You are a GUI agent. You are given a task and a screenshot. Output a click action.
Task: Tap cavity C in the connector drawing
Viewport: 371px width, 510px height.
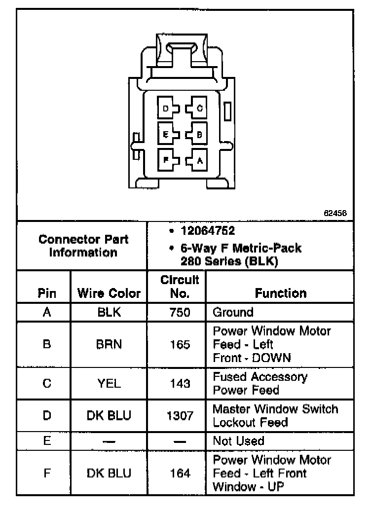pyautogui.click(x=199, y=108)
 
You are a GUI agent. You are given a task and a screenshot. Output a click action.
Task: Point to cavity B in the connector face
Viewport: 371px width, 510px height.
pyautogui.click(x=199, y=134)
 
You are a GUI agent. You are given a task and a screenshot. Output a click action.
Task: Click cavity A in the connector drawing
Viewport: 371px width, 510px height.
pyautogui.click(x=199, y=159)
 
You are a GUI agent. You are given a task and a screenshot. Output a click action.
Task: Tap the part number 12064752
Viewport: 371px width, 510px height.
pyautogui.click(x=208, y=230)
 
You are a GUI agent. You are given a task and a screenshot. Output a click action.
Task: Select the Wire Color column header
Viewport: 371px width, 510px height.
pyautogui.click(x=109, y=294)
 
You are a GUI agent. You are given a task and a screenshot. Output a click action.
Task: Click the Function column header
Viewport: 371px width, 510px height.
pyautogui.click(x=280, y=293)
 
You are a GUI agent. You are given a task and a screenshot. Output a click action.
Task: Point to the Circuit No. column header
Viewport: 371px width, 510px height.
pyautogui.click(x=180, y=287)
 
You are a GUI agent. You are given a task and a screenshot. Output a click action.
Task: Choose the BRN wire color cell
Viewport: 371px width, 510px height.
pyautogui.click(x=109, y=344)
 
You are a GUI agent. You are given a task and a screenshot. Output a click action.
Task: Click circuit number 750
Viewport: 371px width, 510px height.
pyautogui.click(x=180, y=312)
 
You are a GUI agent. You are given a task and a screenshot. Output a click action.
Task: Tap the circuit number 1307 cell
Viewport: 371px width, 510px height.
pyautogui.click(x=180, y=416)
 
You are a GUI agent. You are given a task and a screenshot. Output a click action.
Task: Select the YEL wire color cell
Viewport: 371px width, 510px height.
pyautogui.click(x=109, y=383)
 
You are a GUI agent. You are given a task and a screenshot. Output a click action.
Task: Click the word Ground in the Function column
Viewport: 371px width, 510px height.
pyautogui.click(x=233, y=312)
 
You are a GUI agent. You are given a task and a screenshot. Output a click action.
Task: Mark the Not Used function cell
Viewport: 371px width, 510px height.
pyautogui.click(x=238, y=441)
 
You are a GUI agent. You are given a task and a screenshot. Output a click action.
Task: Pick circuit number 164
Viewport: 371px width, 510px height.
pyautogui.click(x=180, y=474)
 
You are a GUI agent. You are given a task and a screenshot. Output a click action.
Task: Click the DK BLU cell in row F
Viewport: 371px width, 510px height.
pyautogui.click(x=109, y=474)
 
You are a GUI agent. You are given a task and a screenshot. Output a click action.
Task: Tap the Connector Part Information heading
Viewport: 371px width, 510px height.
pyautogui.click(x=83, y=246)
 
